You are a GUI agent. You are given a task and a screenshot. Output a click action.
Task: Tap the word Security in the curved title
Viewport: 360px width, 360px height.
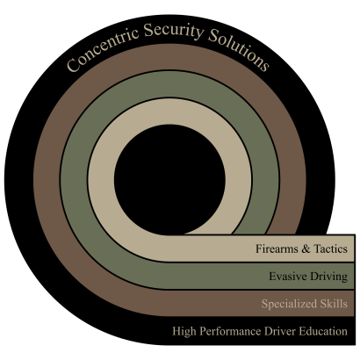pyautogui.click(x=173, y=31)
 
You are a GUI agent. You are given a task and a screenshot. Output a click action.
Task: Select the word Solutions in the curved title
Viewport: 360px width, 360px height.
pyautogui.click(x=239, y=49)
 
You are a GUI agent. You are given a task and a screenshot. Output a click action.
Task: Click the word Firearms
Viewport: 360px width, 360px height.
pyautogui.click(x=277, y=248)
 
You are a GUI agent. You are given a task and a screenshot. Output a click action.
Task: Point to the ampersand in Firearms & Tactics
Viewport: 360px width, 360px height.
pyautogui.click(x=306, y=248)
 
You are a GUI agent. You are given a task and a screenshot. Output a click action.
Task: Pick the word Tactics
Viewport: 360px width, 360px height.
pyautogui.click(x=331, y=248)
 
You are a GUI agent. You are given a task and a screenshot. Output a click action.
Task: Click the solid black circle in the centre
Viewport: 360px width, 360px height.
pyautogui.click(x=169, y=180)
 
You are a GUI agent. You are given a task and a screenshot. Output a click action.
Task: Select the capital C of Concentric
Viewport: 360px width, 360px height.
pyautogui.click(x=73, y=65)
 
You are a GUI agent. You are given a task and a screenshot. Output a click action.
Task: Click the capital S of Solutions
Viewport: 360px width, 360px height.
pyautogui.click(x=213, y=35)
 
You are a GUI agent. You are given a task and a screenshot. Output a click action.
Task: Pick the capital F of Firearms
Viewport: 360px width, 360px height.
pyautogui.click(x=259, y=248)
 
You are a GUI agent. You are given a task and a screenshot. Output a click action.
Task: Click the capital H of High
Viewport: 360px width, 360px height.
pyautogui.click(x=177, y=331)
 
